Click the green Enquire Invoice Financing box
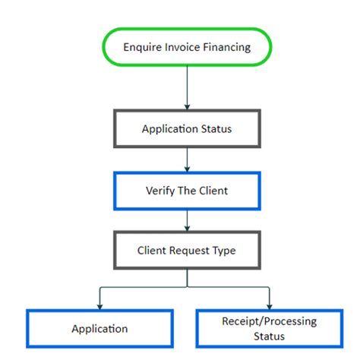[x=186, y=47]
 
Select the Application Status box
[x=186, y=128]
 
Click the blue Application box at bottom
[x=99, y=329]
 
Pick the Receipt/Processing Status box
[x=270, y=329]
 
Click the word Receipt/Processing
[x=270, y=322]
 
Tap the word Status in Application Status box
[x=215, y=128]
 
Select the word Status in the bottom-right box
[x=270, y=336]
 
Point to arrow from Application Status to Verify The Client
[x=186, y=159]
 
